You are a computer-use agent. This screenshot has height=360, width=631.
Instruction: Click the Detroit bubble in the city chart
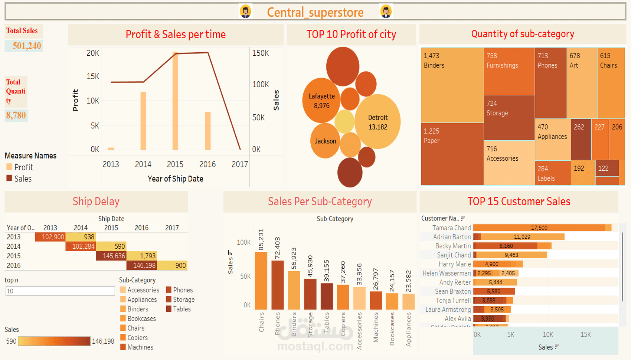pyautogui.click(x=377, y=122)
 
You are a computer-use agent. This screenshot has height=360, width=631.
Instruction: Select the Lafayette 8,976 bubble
pyautogui.click(x=321, y=101)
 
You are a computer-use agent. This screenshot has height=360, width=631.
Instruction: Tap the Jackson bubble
pyautogui.click(x=325, y=141)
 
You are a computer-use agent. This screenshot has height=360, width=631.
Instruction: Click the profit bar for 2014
pyautogui.click(x=143, y=121)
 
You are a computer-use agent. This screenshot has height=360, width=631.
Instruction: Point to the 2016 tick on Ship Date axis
pyautogui.click(x=207, y=164)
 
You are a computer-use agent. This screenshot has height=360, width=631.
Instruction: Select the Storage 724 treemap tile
pyautogui.click(x=509, y=118)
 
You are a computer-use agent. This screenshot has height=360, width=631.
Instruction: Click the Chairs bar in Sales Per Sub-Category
pyautogui.click(x=261, y=281)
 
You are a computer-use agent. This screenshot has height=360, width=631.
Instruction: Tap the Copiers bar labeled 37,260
pyautogui.click(x=343, y=297)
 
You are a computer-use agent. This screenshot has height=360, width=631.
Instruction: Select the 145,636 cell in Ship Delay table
pyautogui.click(x=111, y=256)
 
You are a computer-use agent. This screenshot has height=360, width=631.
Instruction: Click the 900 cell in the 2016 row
pyautogui.click(x=172, y=265)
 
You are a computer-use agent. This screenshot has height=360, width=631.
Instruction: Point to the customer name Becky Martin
pyautogui.click(x=453, y=246)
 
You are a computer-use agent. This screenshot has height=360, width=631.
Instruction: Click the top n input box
pyautogui.click(x=60, y=291)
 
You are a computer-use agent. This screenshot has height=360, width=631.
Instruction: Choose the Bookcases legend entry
pyautogui.click(x=141, y=318)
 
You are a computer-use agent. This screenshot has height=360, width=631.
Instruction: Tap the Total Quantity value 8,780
pyautogui.click(x=16, y=115)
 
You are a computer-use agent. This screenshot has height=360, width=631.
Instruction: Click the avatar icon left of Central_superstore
pyautogui.click(x=245, y=12)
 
